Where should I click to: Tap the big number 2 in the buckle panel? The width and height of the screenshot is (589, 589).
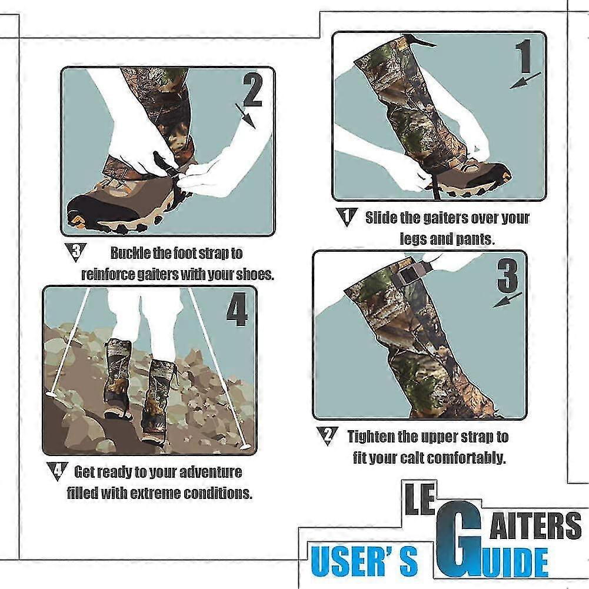pos(253,89)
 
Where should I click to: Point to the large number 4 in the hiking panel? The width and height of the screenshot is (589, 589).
pos(237,309)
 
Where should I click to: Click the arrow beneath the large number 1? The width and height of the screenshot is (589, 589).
pos(525,81)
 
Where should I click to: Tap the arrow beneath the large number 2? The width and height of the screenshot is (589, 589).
pos(245,117)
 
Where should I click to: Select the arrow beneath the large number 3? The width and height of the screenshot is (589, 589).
pos(507,300)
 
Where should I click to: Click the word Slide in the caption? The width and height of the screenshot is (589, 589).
pos(381,218)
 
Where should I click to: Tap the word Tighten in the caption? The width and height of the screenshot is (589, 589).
pos(371,437)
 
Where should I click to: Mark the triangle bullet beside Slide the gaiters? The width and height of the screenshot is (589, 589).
pos(347,217)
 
